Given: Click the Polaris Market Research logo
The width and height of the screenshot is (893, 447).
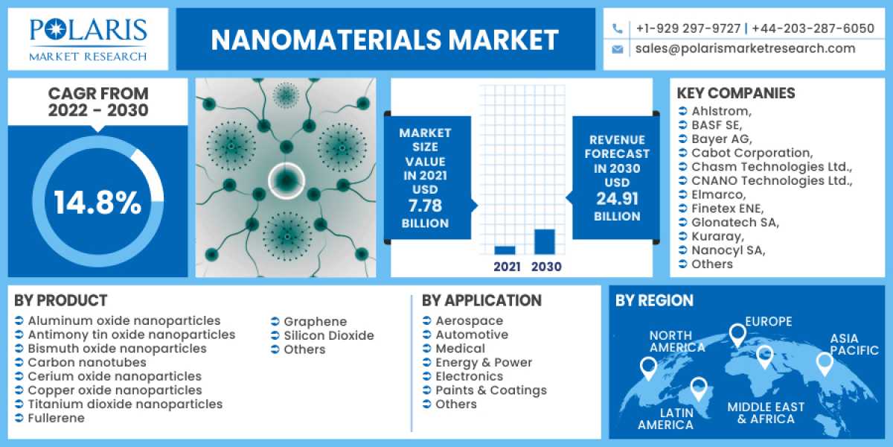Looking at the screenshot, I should click(x=88, y=39).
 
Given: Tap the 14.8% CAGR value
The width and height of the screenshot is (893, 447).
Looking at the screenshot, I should click(x=97, y=202).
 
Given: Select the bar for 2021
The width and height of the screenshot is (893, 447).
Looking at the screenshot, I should click(x=505, y=250).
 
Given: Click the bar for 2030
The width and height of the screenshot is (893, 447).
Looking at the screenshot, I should click(x=545, y=241).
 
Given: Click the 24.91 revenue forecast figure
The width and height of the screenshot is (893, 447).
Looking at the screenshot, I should click(x=617, y=199).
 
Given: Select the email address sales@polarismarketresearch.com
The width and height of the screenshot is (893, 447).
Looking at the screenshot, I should click(x=745, y=48).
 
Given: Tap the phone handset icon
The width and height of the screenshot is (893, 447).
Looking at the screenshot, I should click(x=618, y=29).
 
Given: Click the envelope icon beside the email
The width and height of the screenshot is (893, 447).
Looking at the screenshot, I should click(x=618, y=49).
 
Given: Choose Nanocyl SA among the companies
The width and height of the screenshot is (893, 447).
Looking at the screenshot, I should click(x=728, y=250).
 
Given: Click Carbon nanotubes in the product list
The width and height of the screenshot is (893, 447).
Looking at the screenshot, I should click(x=87, y=362).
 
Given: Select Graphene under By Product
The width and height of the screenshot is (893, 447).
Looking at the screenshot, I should click(x=315, y=321).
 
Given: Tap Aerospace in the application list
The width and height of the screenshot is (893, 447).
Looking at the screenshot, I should click(x=469, y=320).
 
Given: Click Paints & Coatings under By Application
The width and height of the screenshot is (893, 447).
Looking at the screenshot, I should click(x=490, y=390).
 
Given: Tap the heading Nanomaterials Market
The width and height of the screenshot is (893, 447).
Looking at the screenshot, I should click(x=385, y=39).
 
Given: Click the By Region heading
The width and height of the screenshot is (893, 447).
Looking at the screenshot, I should click(x=654, y=300).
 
